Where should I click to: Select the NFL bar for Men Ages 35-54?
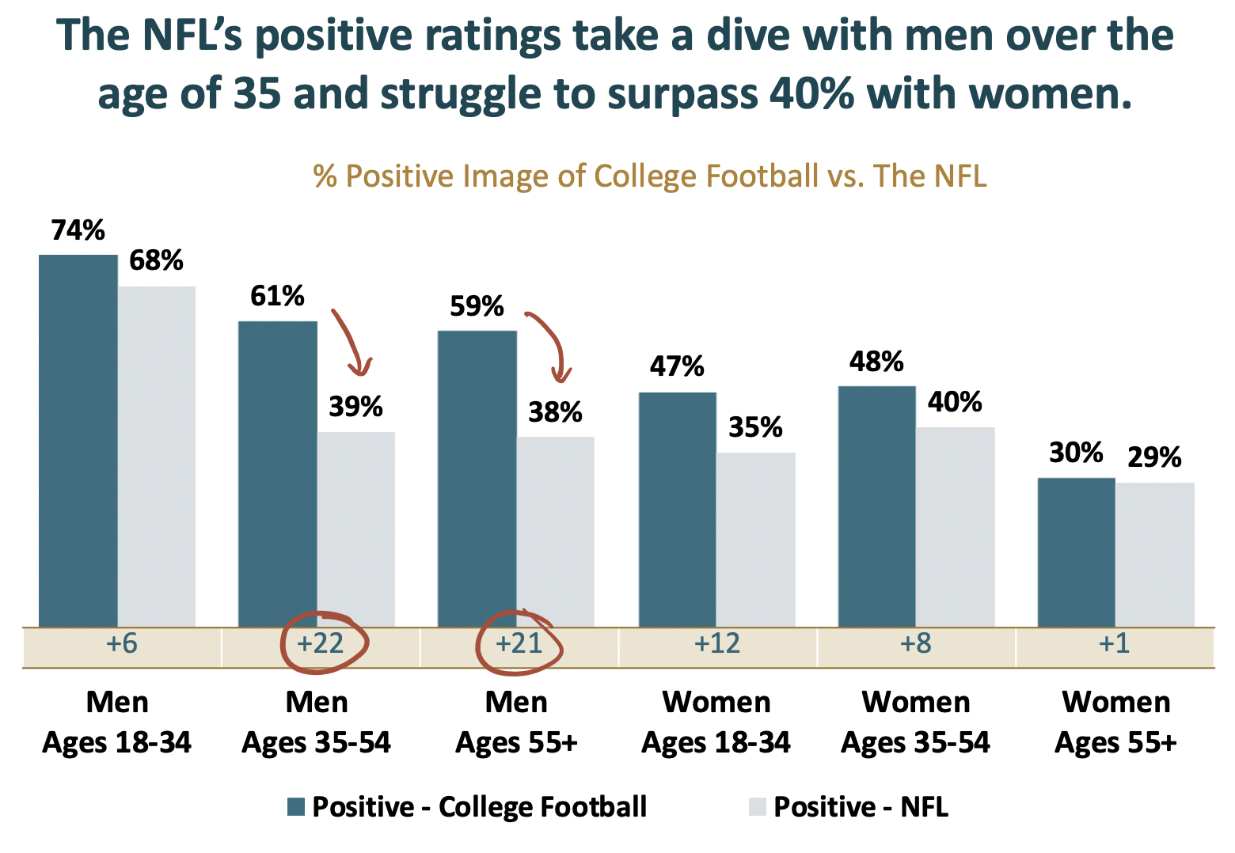[356, 529]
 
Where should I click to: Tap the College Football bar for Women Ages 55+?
[1076, 552]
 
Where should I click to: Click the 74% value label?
[78, 231]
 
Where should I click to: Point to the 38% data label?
[556, 412]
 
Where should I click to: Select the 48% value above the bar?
[876, 362]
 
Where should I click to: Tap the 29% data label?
[1154, 457]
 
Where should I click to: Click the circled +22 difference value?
[321, 643]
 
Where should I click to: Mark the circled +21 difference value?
[519, 643]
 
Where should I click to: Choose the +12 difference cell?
[717, 643]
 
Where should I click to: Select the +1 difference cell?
[1114, 643]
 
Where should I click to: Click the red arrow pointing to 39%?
[351, 342]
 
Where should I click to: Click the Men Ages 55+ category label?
[517, 722]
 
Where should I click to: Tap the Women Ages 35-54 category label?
[916, 722]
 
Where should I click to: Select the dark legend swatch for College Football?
[296, 807]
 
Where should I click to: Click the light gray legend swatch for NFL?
[757, 807]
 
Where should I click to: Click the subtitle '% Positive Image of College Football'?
[649, 176]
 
